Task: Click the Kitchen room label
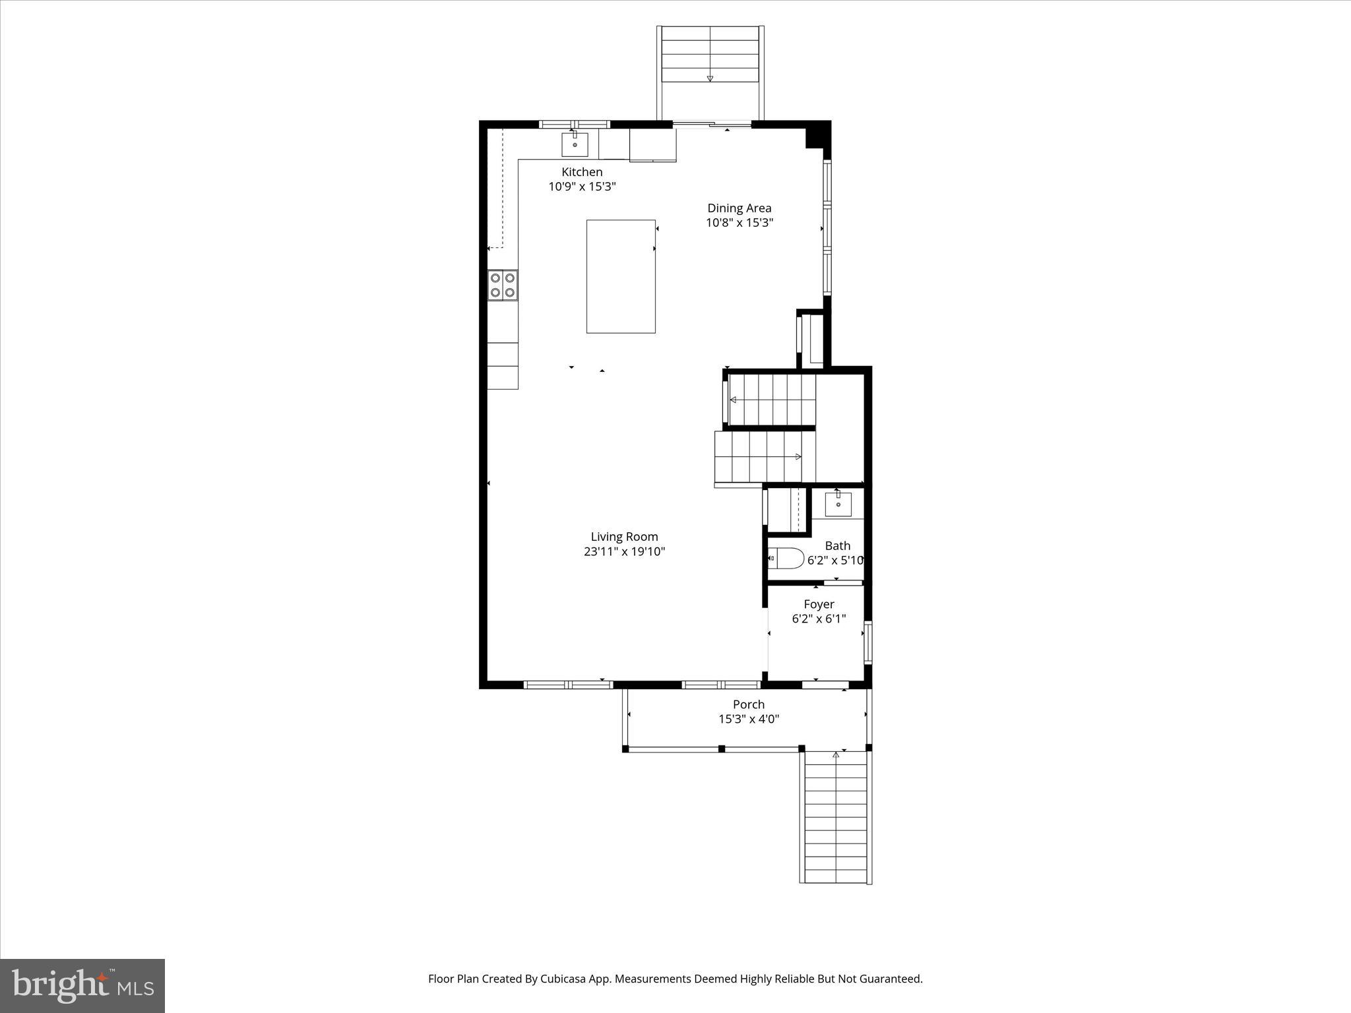582,172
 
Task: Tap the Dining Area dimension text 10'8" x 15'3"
739,223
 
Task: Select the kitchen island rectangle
621,276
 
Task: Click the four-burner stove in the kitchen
503,285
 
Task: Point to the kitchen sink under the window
575,144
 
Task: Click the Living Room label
624,537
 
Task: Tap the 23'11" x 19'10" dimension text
624,552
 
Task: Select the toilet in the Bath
786,559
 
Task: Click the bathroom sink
838,505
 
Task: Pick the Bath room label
837,546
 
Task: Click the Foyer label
819,604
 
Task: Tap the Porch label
749,704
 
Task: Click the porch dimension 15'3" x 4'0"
749,720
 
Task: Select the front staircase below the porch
836,818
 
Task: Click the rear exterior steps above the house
710,63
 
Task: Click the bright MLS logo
82,985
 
